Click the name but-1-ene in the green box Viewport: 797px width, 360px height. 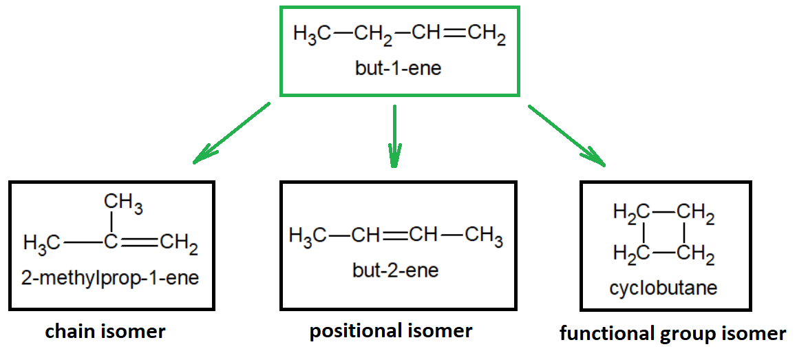tap(398, 69)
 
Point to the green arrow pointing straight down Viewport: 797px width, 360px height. tap(394, 136)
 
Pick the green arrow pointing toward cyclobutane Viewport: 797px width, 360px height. tap(566, 135)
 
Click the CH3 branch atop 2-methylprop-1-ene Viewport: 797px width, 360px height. tap(123, 203)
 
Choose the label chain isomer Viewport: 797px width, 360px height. tap(105, 331)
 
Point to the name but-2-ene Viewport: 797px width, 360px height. tap(395, 270)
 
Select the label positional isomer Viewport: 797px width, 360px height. tap(391, 330)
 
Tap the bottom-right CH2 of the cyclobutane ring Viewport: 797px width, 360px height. tap(695, 255)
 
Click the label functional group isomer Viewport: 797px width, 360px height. tap(672, 334)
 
